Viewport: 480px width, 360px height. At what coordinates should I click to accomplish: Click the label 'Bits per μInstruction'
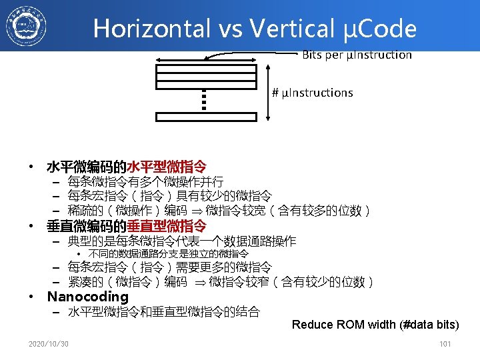pyautogui.click(x=357, y=55)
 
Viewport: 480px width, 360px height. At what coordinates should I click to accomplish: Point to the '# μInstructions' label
pyautogui.click(x=312, y=93)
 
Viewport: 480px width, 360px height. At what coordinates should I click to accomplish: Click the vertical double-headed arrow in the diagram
pyautogui.click(x=267, y=93)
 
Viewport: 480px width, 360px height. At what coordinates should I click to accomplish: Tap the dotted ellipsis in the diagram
pyautogui.click(x=205, y=101)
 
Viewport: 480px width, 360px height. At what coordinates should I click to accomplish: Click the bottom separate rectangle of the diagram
pyautogui.click(x=205, y=117)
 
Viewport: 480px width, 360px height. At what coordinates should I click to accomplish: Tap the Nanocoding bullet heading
pyautogui.click(x=87, y=297)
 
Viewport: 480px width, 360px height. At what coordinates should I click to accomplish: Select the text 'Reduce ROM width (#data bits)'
pyautogui.click(x=375, y=325)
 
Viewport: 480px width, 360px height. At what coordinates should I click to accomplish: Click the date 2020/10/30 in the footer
pyautogui.click(x=48, y=344)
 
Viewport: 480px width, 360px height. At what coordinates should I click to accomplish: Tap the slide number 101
pyautogui.click(x=445, y=344)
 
